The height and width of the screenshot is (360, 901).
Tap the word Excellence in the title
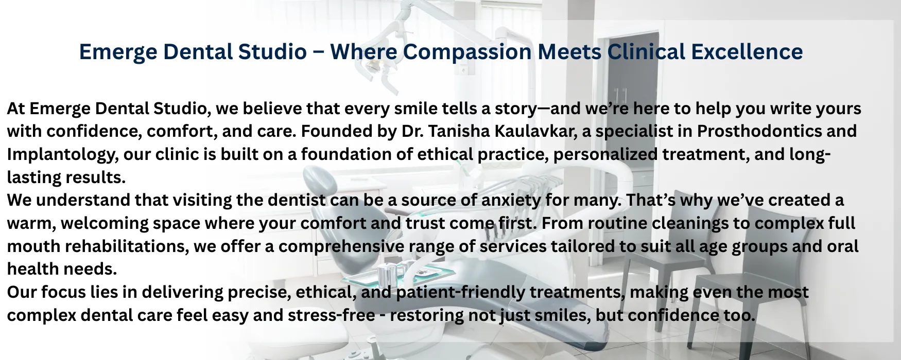(x=747, y=52)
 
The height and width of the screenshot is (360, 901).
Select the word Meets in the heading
(x=569, y=52)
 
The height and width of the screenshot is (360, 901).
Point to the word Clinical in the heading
(x=646, y=52)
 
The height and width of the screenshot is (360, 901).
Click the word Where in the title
(x=363, y=52)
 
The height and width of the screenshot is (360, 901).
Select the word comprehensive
(x=341, y=247)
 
